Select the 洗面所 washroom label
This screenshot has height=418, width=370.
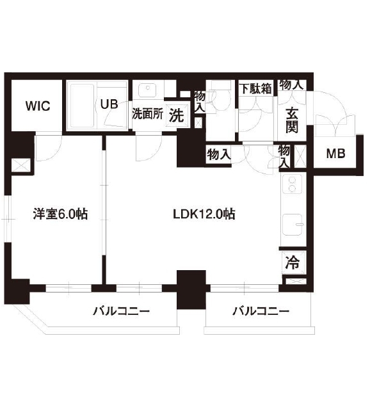point(147,116)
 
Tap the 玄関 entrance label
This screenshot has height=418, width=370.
point(292,120)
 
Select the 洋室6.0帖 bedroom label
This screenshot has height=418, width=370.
point(60,214)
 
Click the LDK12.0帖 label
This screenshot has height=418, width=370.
point(203,214)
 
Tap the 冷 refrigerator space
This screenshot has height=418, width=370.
point(292,261)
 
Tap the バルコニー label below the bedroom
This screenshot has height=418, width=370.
point(121,312)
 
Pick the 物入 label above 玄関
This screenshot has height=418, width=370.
point(291,84)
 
